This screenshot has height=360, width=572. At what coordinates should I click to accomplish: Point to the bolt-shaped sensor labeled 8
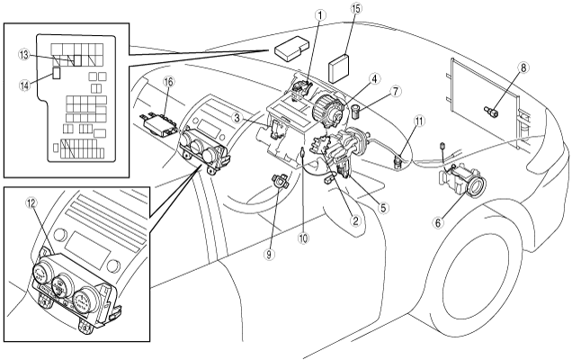tap(493, 111)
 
